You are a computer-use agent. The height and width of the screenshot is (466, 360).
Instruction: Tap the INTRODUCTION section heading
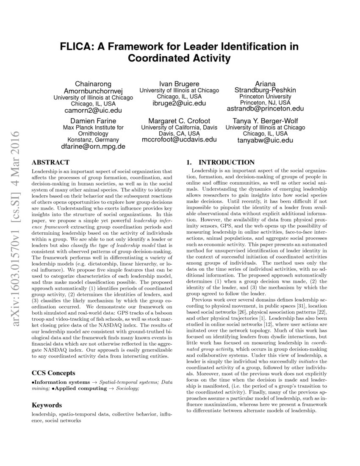[x=227, y=162]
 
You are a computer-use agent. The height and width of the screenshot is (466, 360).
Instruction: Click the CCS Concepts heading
[x=54, y=373]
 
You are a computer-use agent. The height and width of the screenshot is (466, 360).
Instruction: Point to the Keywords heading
[x=47, y=405]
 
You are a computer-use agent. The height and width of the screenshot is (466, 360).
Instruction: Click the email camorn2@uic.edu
[x=93, y=110]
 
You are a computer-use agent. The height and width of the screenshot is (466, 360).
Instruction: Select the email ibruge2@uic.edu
[x=179, y=103]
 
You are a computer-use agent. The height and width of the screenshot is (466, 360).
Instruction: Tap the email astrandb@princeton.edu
[x=265, y=109]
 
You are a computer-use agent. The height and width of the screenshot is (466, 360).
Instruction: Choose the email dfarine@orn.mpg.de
[x=93, y=147]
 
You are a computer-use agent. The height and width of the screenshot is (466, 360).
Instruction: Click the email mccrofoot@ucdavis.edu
[x=179, y=139]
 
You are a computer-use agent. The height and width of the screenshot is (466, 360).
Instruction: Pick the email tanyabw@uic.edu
[x=265, y=140]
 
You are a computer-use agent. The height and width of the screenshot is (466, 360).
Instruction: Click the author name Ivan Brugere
[x=179, y=83]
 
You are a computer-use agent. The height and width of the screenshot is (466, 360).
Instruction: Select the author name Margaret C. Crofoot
[x=179, y=120]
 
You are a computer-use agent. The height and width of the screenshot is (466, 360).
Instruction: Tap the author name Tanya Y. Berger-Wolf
[x=265, y=120]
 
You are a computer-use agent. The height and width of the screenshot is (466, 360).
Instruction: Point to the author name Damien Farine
[x=93, y=120]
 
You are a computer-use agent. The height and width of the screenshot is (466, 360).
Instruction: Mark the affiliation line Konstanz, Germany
[x=93, y=139]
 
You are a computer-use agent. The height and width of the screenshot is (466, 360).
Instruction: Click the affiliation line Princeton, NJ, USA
[x=265, y=103]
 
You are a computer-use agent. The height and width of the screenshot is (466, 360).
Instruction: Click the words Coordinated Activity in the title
[x=180, y=58]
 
